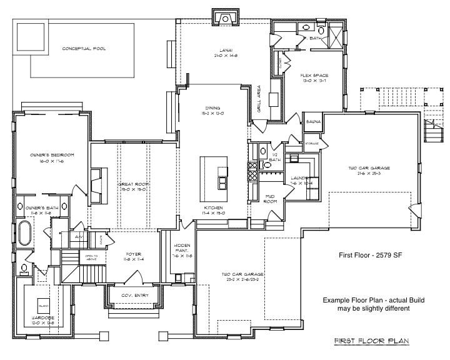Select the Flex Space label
[314, 76]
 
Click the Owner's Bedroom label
[52, 155]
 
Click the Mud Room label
[270, 199]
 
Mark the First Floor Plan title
[371, 341]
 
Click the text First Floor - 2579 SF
[372, 256]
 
